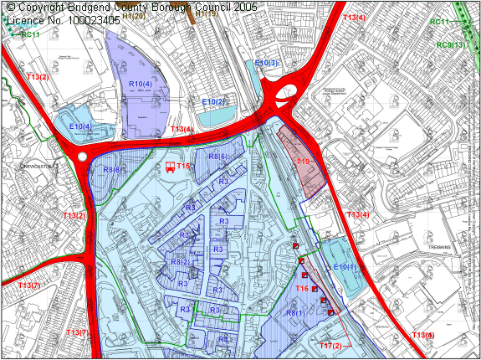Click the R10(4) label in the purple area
pyautogui.click(x=141, y=85)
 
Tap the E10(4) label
pyautogui.click(x=80, y=126)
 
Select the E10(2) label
pyautogui.click(x=214, y=101)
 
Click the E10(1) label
pyautogui.click(x=345, y=267)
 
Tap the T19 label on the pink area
pyautogui.click(x=302, y=162)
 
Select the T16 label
pyautogui.click(x=303, y=289)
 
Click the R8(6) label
pyautogui.click(x=217, y=157)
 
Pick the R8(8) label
pyautogui.click(x=113, y=170)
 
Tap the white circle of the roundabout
pyautogui.click(x=81, y=157)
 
